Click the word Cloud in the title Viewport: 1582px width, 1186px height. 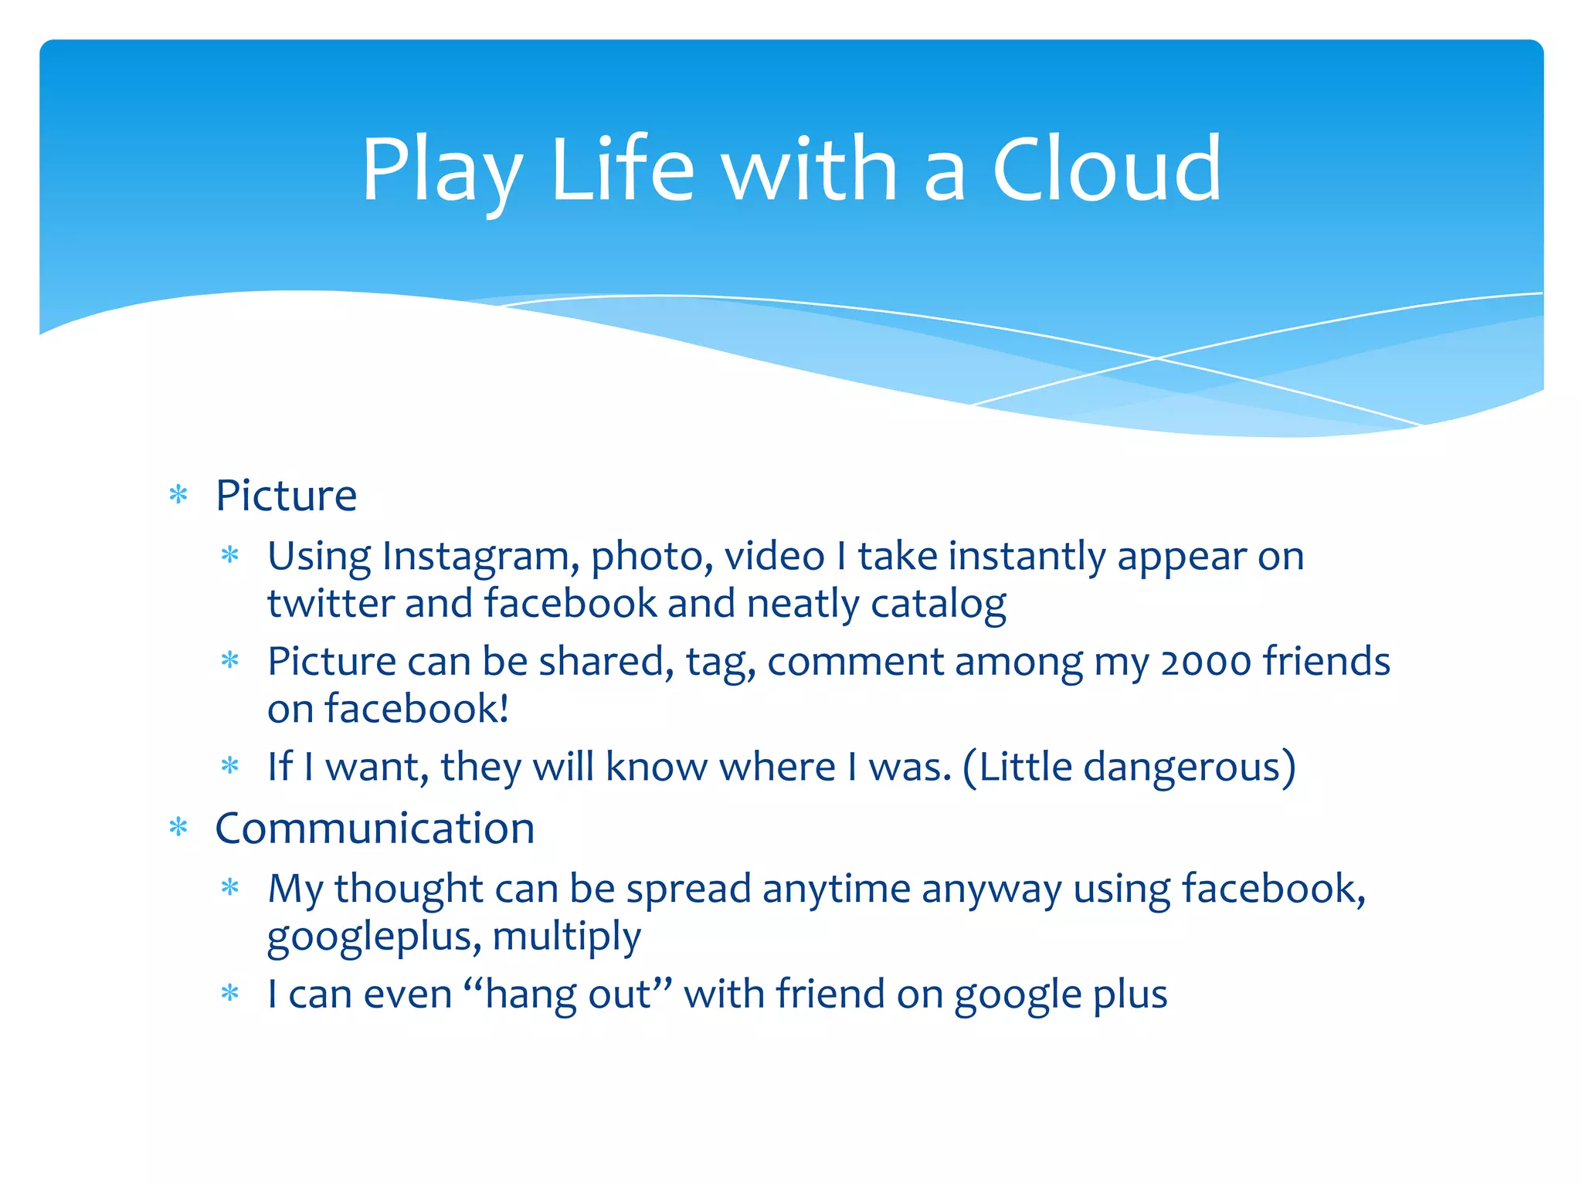(1106, 169)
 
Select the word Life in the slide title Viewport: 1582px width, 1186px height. (623, 169)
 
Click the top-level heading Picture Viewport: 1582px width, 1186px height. (286, 496)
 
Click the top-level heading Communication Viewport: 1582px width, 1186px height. (375, 829)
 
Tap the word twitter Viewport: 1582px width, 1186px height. (330, 604)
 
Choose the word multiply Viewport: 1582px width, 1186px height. (566, 937)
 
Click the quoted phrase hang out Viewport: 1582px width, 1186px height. (569, 995)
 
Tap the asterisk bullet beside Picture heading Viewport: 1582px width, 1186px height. (178, 495)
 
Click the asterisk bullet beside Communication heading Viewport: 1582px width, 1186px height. (178, 829)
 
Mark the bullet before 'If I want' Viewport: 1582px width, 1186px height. (230, 767)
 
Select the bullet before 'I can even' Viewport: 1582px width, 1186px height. (230, 994)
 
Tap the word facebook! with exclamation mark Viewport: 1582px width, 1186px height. (416, 710)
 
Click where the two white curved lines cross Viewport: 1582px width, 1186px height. (1156, 358)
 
